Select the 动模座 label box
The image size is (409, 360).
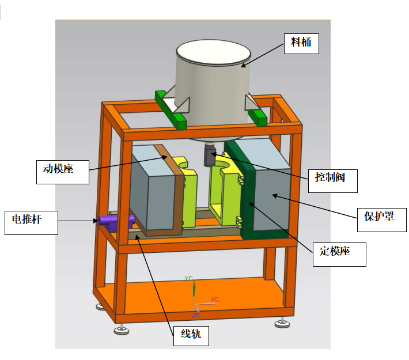63,169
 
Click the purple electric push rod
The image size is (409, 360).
116,220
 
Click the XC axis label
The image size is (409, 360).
215,300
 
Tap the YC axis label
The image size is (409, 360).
188,278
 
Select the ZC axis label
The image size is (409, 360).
196,316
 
